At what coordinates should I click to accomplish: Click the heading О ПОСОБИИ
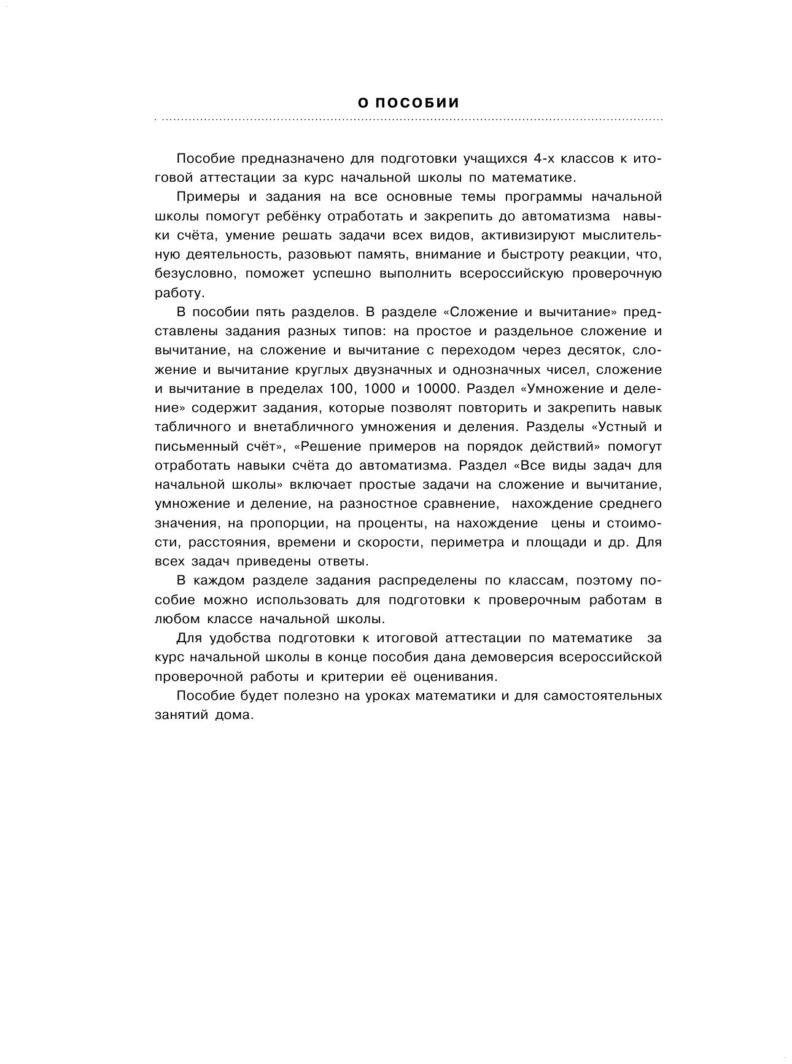(x=408, y=103)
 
